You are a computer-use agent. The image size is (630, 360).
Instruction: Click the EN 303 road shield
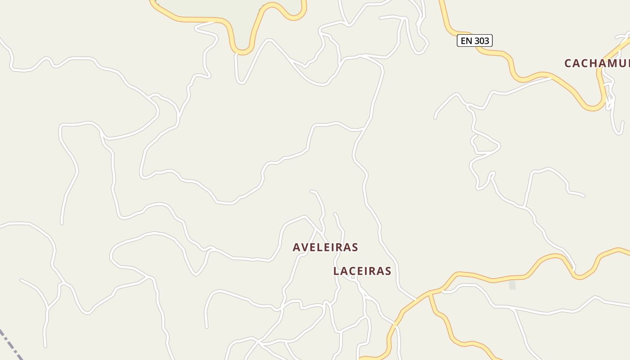pyautogui.click(x=475, y=40)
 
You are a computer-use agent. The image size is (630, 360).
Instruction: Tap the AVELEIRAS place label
pyautogui.click(x=325, y=247)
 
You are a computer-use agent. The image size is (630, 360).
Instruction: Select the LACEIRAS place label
pyautogui.click(x=362, y=271)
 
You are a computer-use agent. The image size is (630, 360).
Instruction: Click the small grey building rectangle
pyautogui.click(x=512, y=284)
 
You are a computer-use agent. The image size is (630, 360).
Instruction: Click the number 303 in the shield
pyautogui.click(x=481, y=40)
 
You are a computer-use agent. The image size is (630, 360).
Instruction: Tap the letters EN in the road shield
pyautogui.click(x=466, y=40)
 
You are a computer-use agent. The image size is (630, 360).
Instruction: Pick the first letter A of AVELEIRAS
pyautogui.click(x=297, y=247)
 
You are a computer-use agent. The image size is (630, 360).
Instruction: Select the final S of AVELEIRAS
pyautogui.click(x=355, y=247)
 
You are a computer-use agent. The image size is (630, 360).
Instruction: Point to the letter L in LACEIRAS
pyautogui.click(x=336, y=271)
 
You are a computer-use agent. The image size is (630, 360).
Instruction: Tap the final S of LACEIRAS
pyautogui.click(x=388, y=271)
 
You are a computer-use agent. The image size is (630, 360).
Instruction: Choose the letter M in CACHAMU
pyautogui.click(x=614, y=63)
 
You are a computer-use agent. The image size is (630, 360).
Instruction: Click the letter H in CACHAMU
pyautogui.click(x=594, y=63)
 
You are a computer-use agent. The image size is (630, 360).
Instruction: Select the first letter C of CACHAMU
pyautogui.click(x=568, y=63)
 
